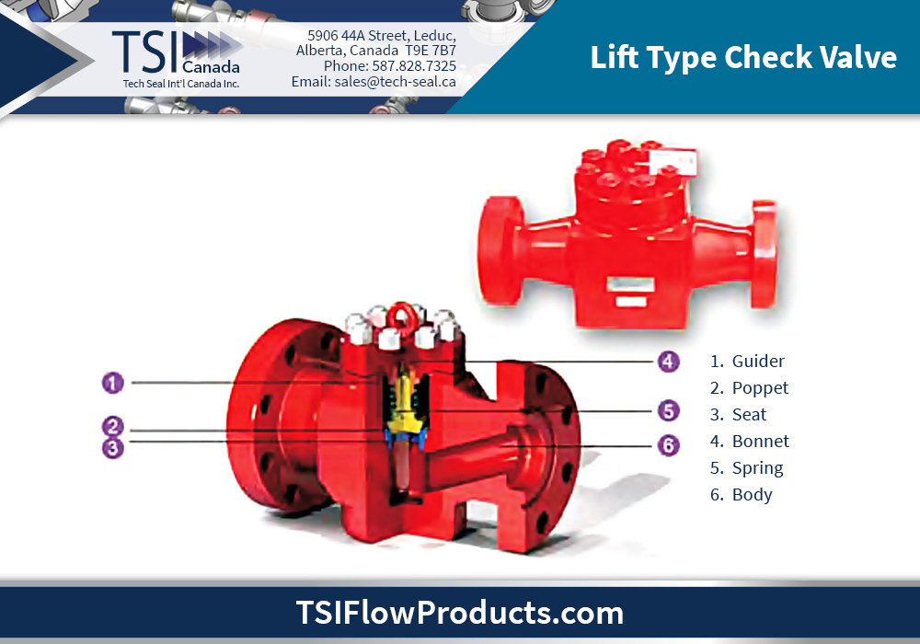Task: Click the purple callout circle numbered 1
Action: tap(112, 381)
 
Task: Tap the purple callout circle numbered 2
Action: tap(112, 427)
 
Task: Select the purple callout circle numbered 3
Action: tap(112, 447)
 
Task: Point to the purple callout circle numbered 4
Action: tap(669, 362)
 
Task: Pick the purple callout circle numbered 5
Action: tap(669, 410)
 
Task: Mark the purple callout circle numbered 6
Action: tap(669, 445)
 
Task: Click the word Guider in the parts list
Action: tap(758, 362)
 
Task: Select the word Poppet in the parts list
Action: tap(760, 388)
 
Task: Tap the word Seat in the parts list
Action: tap(749, 415)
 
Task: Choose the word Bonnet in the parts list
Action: tap(760, 442)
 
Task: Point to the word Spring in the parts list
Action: tap(757, 468)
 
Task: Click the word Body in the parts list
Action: tap(752, 495)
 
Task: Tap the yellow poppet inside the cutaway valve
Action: tap(402, 428)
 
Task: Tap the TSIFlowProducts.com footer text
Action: tap(459, 613)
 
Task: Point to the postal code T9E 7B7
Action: tap(431, 51)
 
